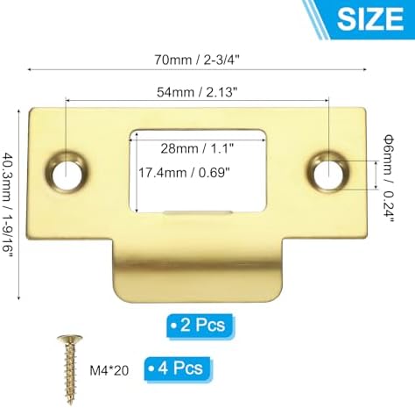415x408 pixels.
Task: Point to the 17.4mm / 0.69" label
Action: [185, 173]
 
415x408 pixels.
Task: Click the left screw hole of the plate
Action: [64, 173]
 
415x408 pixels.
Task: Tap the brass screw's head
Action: [64, 338]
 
